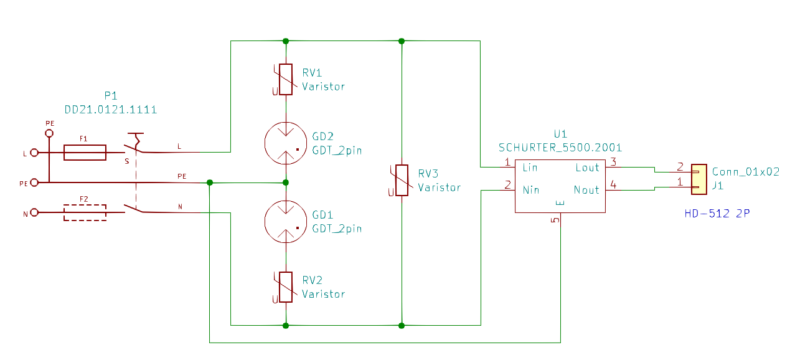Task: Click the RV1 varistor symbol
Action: [286, 79]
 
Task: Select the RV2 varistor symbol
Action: [286, 287]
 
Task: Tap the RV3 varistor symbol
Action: [402, 181]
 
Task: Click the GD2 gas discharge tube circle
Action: [286, 143]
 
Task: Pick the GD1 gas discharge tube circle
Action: [286, 222]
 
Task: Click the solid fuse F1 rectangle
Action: [85, 153]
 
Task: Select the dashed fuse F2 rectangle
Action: [85, 212]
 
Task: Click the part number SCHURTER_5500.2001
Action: [560, 148]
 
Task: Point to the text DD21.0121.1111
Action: [111, 110]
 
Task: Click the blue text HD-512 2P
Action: [717, 214]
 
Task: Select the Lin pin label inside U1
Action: [530, 168]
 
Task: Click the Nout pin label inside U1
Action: [586, 190]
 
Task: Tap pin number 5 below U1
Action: [555, 219]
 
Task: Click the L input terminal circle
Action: [35, 153]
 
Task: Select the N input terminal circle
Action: [35, 212]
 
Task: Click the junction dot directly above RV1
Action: [286, 41]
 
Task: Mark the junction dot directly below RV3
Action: [402, 325]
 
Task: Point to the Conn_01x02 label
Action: [745, 172]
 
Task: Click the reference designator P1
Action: [111, 96]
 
